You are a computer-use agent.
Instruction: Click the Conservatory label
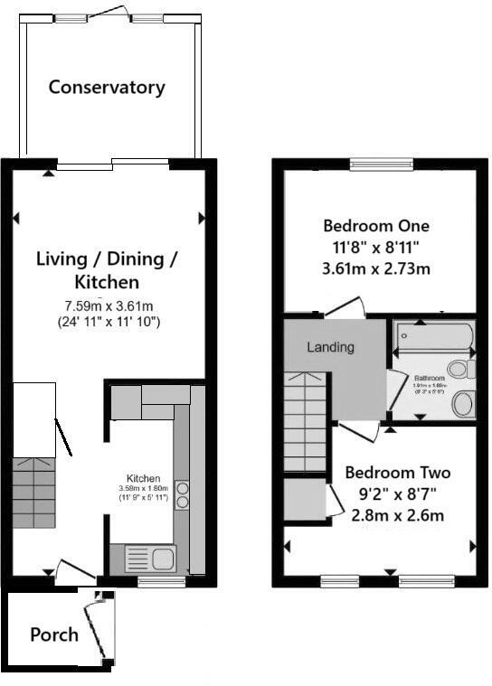(107, 88)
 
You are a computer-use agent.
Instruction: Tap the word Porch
(54, 634)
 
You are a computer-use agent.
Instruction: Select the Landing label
(330, 347)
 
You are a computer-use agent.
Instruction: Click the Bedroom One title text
(376, 225)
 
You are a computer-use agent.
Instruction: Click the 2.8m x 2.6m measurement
(398, 516)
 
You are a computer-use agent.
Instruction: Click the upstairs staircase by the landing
(306, 425)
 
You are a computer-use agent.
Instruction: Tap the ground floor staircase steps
(34, 493)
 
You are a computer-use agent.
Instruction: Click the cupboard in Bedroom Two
(305, 500)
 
